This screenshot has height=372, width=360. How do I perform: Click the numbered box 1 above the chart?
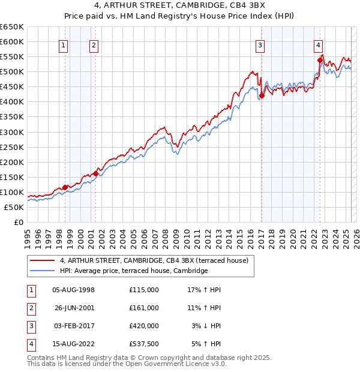pyautogui.click(x=64, y=44)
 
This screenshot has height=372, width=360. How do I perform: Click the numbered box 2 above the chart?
pyautogui.click(x=94, y=44)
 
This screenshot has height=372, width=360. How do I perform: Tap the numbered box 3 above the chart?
pyautogui.click(x=260, y=44)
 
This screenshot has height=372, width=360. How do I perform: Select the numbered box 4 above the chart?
pyautogui.click(x=318, y=44)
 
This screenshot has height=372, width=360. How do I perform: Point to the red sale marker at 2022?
pyautogui.click(x=320, y=60)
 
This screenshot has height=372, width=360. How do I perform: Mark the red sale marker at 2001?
pyautogui.click(x=95, y=173)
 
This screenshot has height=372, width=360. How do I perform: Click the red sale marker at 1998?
pyautogui.click(x=65, y=187)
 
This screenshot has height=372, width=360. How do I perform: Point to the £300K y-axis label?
pyautogui.click(x=12, y=132)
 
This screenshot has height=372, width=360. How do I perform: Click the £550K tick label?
pyautogui.click(x=12, y=57)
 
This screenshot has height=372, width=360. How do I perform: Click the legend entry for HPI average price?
pyautogui.click(x=134, y=271)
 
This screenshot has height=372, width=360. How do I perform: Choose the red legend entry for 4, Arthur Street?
pyautogui.click(x=158, y=260)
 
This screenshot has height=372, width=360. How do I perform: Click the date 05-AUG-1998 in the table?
pyautogui.click(x=73, y=290)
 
